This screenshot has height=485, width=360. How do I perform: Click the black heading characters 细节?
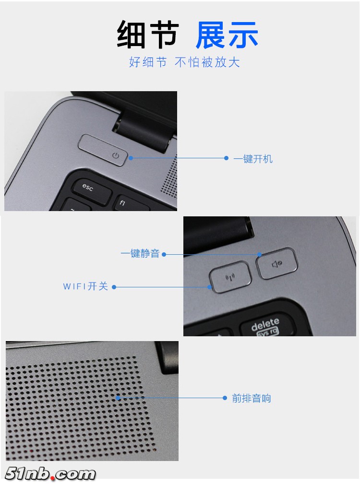pos(148,35)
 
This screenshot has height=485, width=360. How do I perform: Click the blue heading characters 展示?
pos(227,35)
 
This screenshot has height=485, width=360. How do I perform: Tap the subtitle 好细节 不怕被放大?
pos(184,62)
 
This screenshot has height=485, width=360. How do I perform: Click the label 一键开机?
pos(253,159)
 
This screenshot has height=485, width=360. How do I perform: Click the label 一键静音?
pos(140,254)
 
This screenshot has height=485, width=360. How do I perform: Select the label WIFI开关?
pos(85,286)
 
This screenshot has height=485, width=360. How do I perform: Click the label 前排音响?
pos(252,398)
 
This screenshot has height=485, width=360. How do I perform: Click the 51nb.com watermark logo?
pos(50,474)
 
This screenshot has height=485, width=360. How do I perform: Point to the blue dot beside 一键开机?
pos(227,158)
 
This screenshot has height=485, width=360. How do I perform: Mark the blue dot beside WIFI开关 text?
pos(114,287)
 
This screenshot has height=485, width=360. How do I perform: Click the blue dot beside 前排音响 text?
pos(225,398)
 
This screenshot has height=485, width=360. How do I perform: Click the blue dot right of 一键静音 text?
pos(164,254)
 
